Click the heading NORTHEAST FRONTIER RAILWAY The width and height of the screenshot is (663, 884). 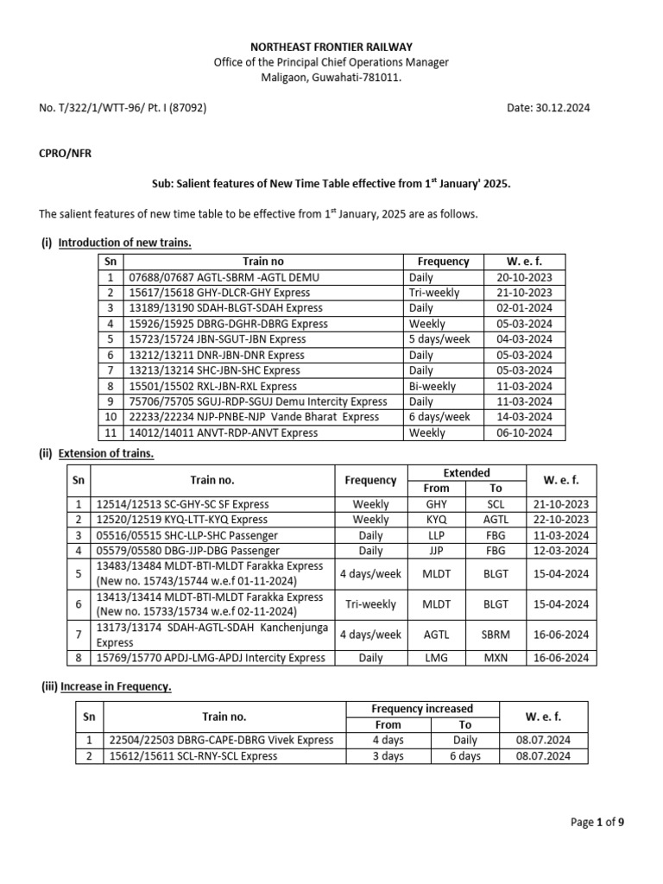(x=331, y=47)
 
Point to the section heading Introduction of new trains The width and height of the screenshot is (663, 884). (x=124, y=243)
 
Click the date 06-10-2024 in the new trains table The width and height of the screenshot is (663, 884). (x=524, y=433)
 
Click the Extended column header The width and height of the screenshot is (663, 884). (x=466, y=472)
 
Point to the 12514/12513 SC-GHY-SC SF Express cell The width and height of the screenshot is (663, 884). (x=182, y=504)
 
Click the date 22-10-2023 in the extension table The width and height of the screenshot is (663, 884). (x=560, y=520)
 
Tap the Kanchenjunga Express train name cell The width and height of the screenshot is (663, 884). (x=212, y=635)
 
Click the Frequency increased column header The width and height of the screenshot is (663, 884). (x=422, y=709)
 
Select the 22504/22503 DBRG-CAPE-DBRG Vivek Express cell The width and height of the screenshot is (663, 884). (x=220, y=740)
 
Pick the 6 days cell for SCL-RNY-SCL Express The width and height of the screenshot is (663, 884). (x=465, y=756)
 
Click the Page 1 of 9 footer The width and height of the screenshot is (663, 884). (x=597, y=823)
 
